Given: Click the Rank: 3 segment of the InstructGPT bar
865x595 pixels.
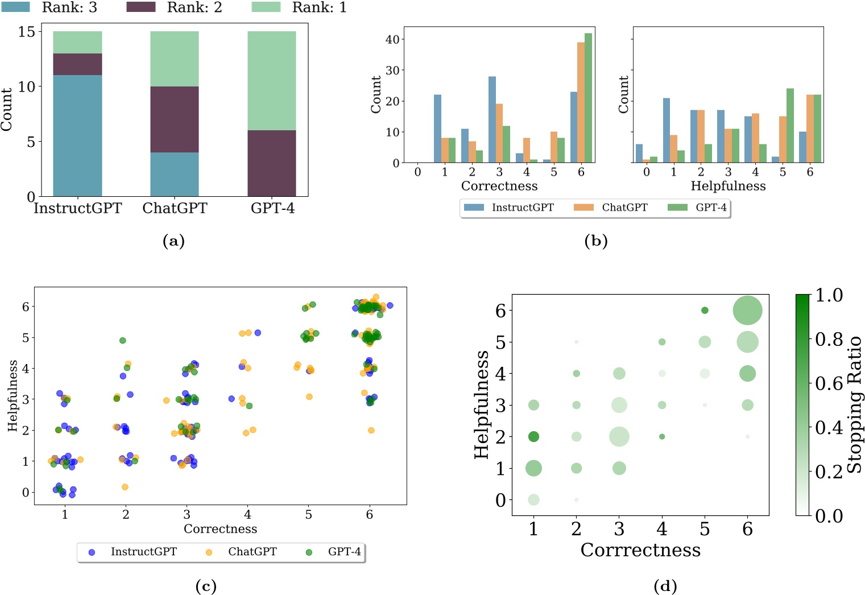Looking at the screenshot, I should coord(77,135).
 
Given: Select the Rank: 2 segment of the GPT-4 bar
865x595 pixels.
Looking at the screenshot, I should coord(271,163).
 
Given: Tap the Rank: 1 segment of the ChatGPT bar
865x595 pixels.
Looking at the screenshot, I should coord(175,59).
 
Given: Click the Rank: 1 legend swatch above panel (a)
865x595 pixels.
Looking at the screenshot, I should coord(266,7).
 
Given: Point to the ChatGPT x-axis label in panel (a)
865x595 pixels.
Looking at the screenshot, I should coord(175,208).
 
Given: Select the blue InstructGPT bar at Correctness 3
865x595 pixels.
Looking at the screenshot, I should coord(492,119).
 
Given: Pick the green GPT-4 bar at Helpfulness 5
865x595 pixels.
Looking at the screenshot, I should coord(790,125).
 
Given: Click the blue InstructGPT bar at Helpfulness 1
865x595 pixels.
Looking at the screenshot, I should coord(666,130).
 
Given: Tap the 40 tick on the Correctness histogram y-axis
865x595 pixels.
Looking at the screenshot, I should coord(392,39).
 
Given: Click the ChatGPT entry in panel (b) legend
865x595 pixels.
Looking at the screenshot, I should coord(624,208).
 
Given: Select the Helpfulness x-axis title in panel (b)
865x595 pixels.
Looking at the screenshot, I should coord(728,186).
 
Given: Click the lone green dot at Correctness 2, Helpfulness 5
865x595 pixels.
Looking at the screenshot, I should coord(122,341).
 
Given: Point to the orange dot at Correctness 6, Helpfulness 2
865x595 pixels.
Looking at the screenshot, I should coord(371,431).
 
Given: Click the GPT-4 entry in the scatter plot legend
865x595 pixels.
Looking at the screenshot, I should coord(343,552).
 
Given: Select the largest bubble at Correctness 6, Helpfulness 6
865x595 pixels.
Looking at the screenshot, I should coord(747,311).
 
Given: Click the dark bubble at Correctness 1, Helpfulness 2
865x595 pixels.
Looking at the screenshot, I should coord(533,436).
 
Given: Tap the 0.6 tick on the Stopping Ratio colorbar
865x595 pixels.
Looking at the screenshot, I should coord(829,383).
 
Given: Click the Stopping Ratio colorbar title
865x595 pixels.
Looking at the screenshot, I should coord(854,405).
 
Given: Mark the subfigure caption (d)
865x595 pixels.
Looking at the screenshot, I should coord(665,586).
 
